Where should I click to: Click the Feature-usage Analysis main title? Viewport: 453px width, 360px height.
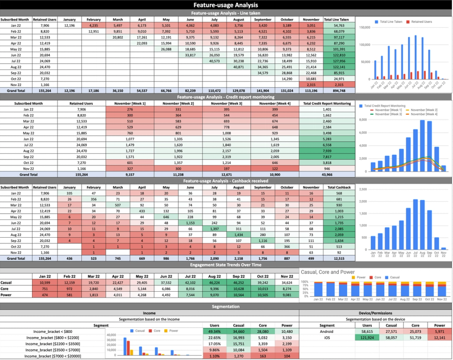tap(226, 5)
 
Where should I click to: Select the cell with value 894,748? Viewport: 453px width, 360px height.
tap(339, 90)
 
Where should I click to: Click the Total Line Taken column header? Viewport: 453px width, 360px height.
tap(339, 19)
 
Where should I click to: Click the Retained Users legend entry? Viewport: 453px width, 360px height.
tap(419, 21)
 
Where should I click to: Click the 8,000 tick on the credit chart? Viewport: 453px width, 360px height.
tap(363, 120)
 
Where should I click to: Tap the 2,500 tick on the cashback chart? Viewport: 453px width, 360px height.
tap(363, 189)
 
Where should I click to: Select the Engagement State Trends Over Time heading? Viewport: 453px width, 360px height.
tap(226, 265)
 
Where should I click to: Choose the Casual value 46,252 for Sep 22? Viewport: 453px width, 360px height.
tap(238, 283)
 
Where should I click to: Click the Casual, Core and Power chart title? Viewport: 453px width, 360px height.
tap(328, 272)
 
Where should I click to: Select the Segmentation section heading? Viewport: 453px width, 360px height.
tap(226, 306)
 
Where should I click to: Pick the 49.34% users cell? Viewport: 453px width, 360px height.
tap(215, 331)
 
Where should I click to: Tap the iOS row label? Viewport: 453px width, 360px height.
tap(327, 337)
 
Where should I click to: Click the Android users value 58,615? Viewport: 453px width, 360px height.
tap(364, 331)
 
